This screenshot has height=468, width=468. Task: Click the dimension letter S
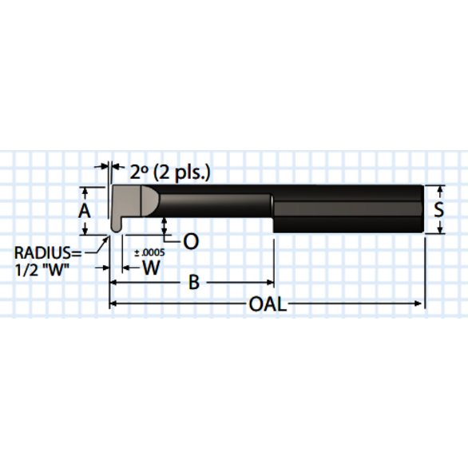tap(438, 210)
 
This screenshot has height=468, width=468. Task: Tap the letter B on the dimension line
tap(192, 282)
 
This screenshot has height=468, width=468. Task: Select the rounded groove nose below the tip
tap(116, 226)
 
